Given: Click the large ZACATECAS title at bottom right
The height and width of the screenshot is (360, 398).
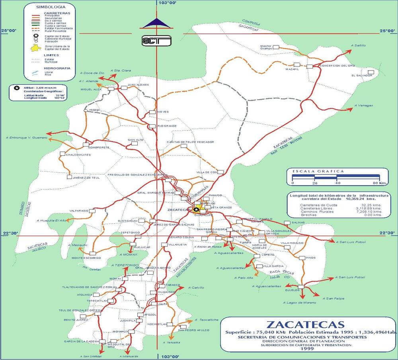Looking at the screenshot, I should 305,324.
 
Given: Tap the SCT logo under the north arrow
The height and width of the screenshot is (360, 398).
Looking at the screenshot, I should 156,40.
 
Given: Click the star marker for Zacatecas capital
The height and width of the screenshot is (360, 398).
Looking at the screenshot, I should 196,209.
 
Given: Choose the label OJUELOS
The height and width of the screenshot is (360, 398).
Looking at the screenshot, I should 292,290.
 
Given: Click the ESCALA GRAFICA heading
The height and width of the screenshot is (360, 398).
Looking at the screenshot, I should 318,171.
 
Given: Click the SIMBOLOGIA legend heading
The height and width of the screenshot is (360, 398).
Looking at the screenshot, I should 49,7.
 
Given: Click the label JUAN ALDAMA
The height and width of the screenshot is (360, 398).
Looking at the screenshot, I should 138,84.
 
